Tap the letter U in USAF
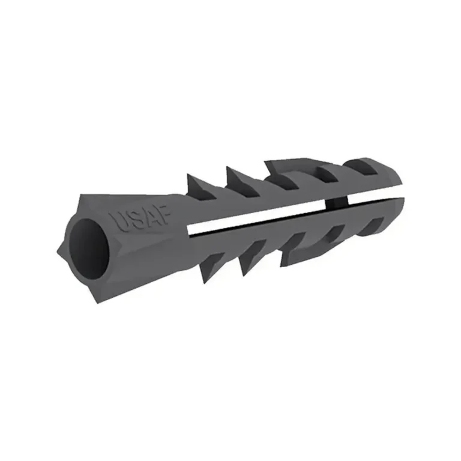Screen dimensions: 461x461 [119, 223]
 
